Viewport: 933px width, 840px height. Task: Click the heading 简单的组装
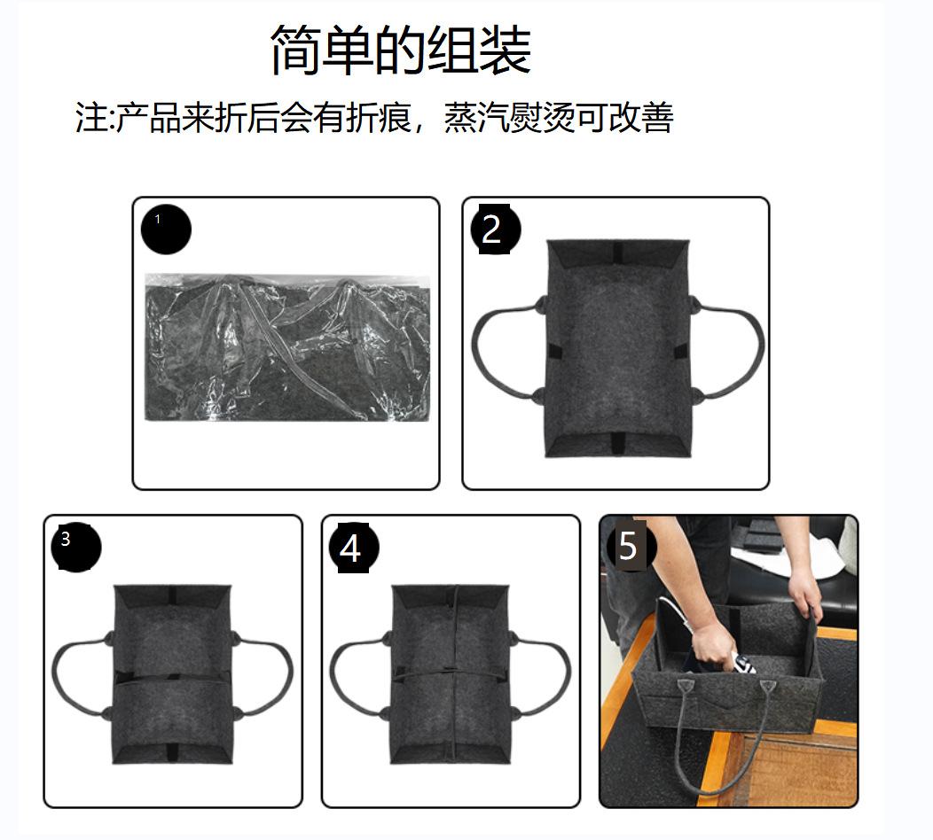point(401,50)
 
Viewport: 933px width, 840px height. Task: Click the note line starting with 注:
point(374,117)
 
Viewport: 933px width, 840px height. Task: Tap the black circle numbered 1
point(166,229)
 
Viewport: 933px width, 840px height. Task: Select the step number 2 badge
point(495,229)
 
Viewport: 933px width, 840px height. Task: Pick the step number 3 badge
point(76,548)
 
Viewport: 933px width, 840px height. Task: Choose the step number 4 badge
point(354,548)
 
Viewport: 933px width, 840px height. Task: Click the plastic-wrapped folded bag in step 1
point(287,347)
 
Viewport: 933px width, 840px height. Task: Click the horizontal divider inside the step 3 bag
point(172,679)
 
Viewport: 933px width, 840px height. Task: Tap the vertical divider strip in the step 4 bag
point(454,674)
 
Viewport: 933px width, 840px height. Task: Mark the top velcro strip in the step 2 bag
point(617,252)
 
